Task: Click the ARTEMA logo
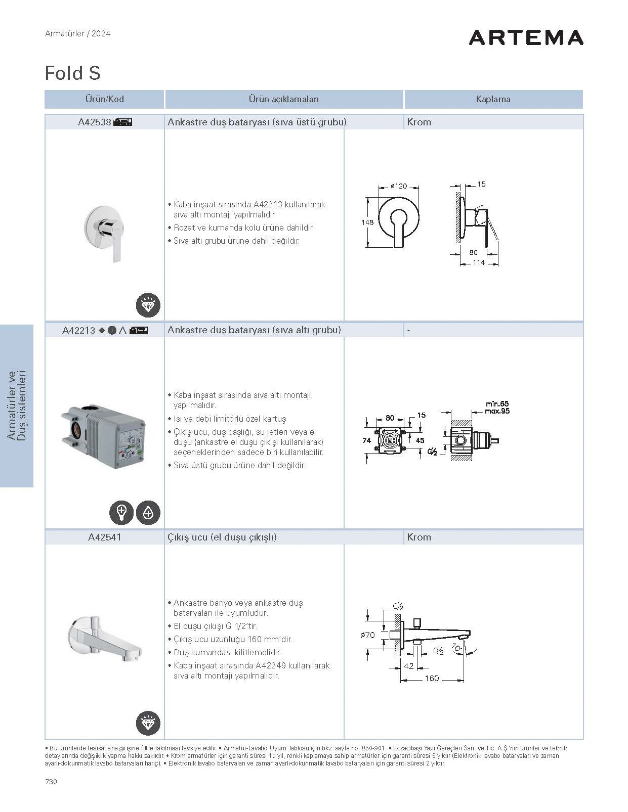[526, 37]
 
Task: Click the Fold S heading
[73, 73]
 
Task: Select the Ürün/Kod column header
[104, 99]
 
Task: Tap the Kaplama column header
[493, 99]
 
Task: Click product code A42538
[94, 122]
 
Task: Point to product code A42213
[78, 330]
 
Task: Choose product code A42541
[104, 537]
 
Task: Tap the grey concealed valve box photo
[104, 435]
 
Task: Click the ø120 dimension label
[398, 186]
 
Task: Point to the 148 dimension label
[367, 222]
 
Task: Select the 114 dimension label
[478, 262]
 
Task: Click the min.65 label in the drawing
[497, 403]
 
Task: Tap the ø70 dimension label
[367, 635]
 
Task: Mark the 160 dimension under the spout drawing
[432, 679]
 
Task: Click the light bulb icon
[121, 513]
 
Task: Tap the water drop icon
[148, 513]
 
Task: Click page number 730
[51, 781]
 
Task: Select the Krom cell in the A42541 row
[419, 537]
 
